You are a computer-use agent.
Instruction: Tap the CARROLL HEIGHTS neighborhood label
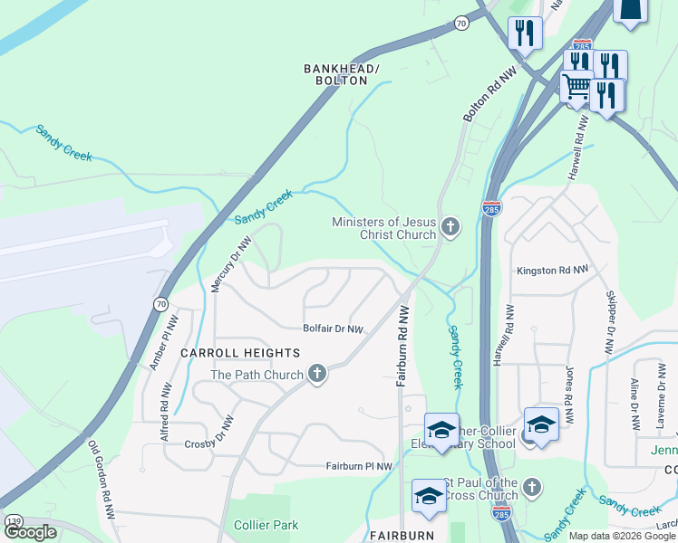[x=240, y=352]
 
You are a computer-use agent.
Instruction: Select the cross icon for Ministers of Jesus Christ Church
[x=450, y=228]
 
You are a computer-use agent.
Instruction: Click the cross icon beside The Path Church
[x=316, y=374]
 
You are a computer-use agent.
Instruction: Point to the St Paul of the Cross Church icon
[x=532, y=488]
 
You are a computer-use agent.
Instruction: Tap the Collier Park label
[x=266, y=525]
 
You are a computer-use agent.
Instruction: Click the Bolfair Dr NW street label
[x=333, y=329]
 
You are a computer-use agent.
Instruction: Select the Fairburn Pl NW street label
[x=360, y=466]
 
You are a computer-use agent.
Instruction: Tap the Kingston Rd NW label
[x=552, y=270]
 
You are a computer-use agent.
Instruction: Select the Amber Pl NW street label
[x=161, y=341]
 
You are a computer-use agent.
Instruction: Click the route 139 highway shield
[x=14, y=522]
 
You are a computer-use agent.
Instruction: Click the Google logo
[x=30, y=532]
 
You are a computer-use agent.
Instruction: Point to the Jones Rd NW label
[x=568, y=396]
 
